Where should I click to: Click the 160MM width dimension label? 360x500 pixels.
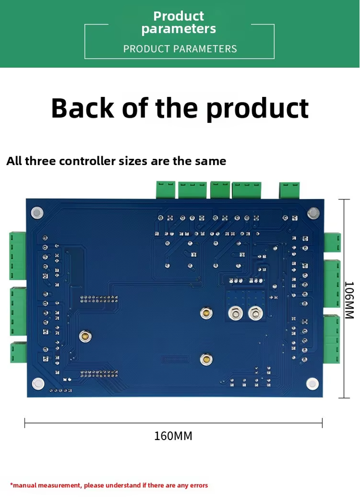click(173, 436)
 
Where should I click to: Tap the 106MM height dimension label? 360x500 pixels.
click(349, 300)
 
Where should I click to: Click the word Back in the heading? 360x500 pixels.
click(82, 108)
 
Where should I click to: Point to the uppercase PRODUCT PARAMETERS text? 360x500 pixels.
click(180, 49)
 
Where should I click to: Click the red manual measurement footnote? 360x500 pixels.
click(109, 485)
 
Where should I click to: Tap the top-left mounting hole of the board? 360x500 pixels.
click(36, 213)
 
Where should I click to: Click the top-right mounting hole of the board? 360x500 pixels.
click(313, 213)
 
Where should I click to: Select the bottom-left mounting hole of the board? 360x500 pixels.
click(38, 384)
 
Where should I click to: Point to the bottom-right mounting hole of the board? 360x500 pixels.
click(312, 384)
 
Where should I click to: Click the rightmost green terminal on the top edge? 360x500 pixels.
click(289, 190)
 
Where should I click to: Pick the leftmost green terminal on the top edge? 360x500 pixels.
click(166, 190)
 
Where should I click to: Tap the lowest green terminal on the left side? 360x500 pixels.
click(18, 353)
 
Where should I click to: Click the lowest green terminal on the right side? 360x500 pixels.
click(332, 339)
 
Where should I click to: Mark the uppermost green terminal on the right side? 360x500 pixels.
click(332, 242)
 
